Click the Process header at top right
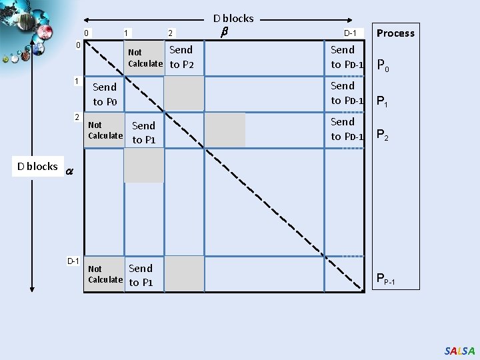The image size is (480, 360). point(395,33)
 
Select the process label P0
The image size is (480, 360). point(383,65)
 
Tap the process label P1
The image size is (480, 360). point(383,102)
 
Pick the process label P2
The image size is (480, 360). point(383,135)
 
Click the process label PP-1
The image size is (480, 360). point(386,279)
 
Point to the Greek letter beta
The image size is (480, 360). point(225,31)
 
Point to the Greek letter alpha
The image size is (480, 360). point(69,171)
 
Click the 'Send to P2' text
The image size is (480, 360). point(181,57)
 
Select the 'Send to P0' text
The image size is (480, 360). point(105,94)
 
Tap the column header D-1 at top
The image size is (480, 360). point(351,33)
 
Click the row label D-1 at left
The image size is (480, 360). point(73,260)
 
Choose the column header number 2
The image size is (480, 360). point(171,33)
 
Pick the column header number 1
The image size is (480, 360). point(127,33)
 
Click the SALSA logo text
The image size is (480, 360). point(460,351)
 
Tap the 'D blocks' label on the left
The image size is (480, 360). point(37,167)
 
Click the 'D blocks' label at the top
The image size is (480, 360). point(233,19)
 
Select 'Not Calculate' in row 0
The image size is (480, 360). point(145,58)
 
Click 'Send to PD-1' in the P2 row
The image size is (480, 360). point(347,129)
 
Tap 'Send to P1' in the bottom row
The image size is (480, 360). point(141,275)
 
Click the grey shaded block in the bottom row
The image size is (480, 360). point(184,274)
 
